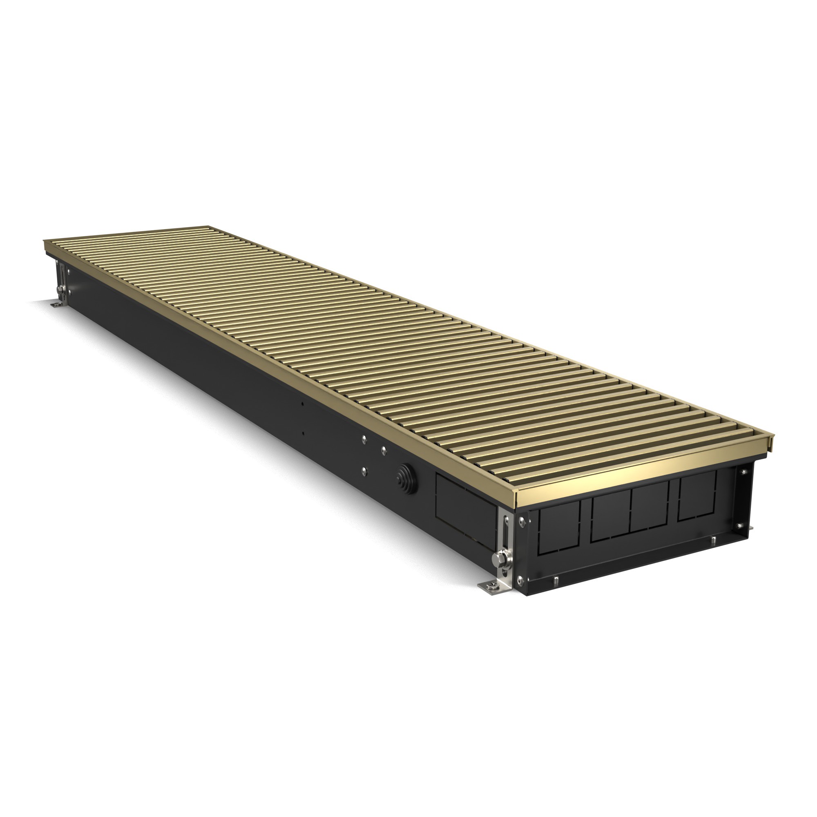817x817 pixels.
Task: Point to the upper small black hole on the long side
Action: [302, 404]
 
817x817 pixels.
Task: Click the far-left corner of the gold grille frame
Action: [45, 242]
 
